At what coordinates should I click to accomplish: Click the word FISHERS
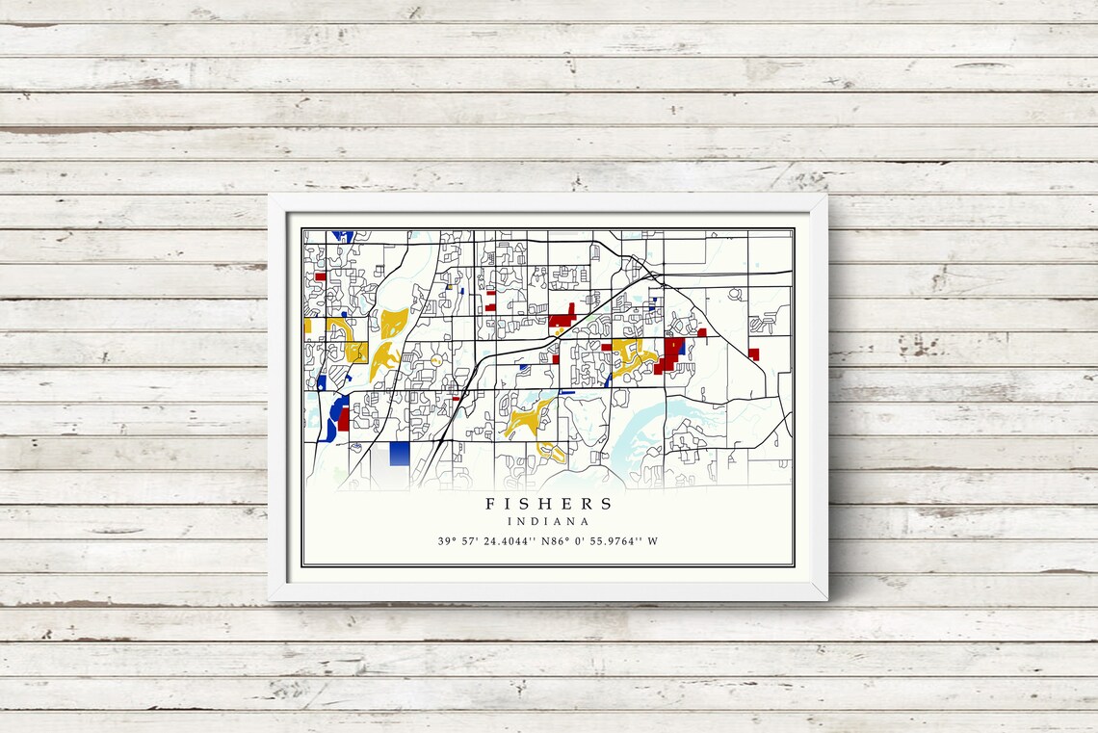coord(548,503)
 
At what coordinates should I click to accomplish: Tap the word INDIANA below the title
coord(548,521)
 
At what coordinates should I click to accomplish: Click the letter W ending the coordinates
coord(653,541)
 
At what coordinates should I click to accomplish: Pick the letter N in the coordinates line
coord(545,541)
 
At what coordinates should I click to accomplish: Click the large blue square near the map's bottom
coord(400,454)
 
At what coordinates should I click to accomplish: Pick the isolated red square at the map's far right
coord(753,353)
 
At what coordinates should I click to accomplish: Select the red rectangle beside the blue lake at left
coord(343,419)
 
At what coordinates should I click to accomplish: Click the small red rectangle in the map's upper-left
coord(320,276)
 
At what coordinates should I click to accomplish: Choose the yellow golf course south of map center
coord(525,420)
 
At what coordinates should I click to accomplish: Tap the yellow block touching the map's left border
coord(307,327)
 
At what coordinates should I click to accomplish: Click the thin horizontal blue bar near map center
coord(566,393)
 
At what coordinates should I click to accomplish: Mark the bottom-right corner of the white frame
coord(824,598)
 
